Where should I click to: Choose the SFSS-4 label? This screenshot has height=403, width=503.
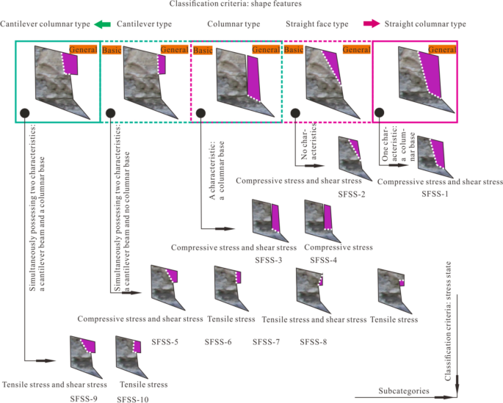(x=324, y=260)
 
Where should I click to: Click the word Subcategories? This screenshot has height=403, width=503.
(x=404, y=391)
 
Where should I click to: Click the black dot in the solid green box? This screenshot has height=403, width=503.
(x=24, y=112)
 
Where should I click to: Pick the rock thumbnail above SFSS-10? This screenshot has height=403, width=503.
(x=129, y=355)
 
